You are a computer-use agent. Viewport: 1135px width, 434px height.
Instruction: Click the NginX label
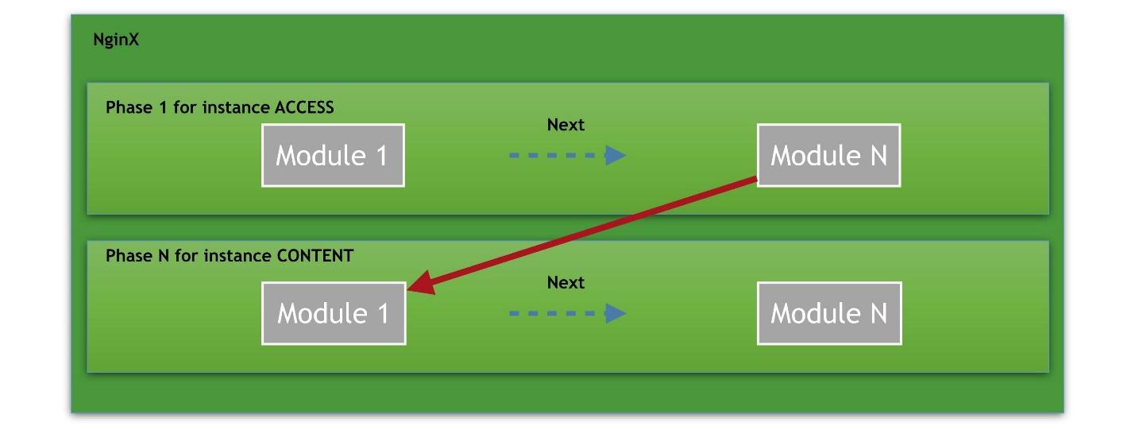[116, 40]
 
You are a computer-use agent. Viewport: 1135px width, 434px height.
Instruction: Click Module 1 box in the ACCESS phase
[333, 155]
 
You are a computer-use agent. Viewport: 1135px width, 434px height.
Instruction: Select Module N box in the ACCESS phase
[828, 155]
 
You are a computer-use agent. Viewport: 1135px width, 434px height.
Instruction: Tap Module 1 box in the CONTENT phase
[334, 313]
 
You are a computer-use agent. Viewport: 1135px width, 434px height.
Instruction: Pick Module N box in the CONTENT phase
[829, 313]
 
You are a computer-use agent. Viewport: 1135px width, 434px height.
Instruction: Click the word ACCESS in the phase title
[304, 107]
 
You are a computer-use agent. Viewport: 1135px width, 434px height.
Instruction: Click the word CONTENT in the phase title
[315, 256]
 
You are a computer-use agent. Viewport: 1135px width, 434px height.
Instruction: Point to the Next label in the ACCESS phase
[566, 125]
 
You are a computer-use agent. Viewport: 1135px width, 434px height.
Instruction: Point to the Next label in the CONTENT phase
[566, 282]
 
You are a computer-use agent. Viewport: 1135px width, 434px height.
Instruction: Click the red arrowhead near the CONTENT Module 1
[422, 284]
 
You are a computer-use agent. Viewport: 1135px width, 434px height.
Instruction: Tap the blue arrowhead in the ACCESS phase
[616, 155]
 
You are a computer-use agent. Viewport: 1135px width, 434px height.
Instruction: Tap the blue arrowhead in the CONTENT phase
[616, 313]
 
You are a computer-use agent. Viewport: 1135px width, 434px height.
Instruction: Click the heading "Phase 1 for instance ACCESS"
[220, 107]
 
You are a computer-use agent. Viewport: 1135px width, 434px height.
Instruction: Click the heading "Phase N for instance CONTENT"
[230, 256]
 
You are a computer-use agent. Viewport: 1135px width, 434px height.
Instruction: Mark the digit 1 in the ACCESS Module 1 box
[380, 155]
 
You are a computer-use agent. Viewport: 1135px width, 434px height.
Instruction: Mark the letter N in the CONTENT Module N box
[877, 313]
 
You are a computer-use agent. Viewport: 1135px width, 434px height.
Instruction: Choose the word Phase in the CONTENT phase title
[125, 256]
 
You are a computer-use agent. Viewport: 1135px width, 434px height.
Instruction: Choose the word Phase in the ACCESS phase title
[125, 107]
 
